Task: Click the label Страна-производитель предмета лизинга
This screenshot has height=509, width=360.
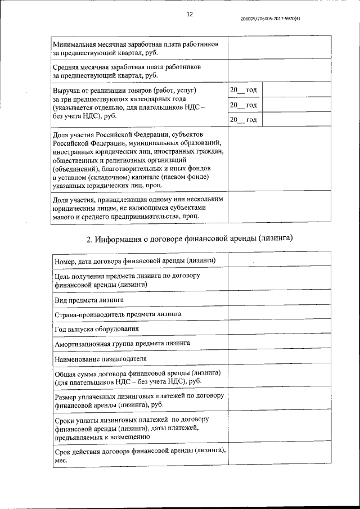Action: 118,314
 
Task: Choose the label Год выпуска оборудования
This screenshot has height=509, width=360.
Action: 96,328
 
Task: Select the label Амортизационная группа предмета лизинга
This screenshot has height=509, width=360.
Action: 122,343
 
